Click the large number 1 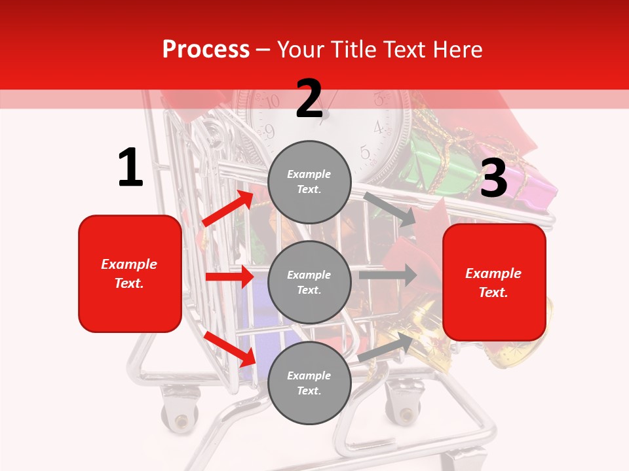click(130, 168)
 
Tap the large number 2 click(309, 99)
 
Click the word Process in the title click(206, 49)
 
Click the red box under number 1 click(130, 273)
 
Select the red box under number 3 click(494, 282)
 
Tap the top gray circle click(309, 182)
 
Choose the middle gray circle click(309, 282)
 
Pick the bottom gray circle click(309, 383)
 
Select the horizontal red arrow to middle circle click(229, 277)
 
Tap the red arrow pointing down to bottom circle click(229, 349)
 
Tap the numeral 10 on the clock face click(271, 101)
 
